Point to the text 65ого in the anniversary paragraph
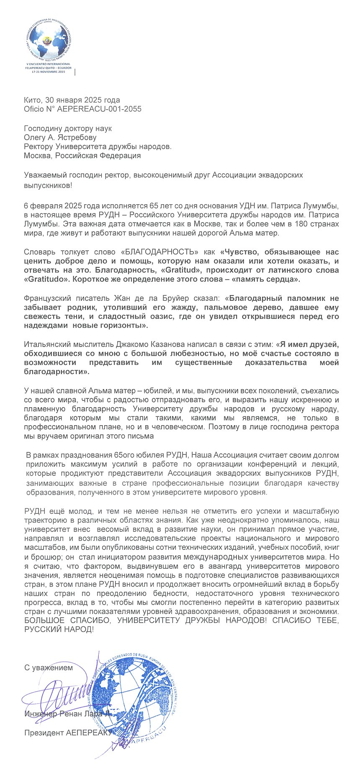pos(123,455)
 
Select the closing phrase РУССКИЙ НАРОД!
pos(59,629)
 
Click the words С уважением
pos(49,667)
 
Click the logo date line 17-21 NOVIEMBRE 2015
pos(49,72)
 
